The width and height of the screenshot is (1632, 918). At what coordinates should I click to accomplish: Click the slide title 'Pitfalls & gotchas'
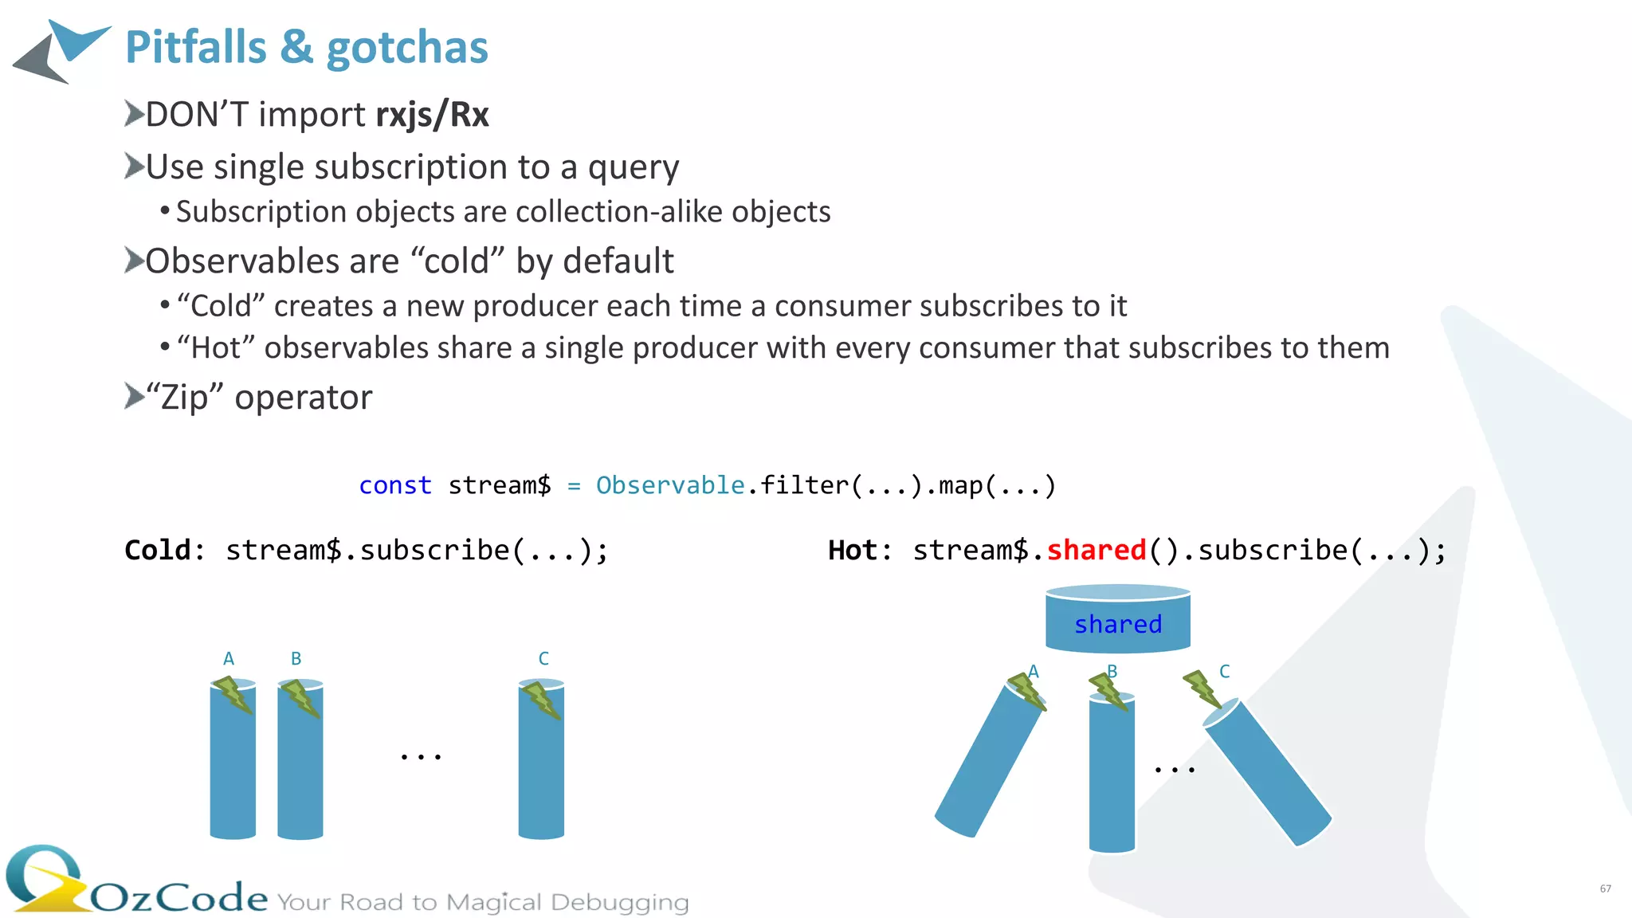pos(307,48)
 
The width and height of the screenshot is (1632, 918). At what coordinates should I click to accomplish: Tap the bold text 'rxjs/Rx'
pos(432,115)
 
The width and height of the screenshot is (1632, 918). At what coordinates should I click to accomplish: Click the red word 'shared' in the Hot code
pos(1096,551)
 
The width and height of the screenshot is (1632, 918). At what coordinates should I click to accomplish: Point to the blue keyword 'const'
pos(395,485)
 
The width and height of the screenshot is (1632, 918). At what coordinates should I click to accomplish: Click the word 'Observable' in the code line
pos(670,485)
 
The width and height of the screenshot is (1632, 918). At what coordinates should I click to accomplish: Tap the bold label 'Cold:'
pos(164,551)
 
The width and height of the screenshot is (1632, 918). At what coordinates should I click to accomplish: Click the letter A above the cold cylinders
pos(229,659)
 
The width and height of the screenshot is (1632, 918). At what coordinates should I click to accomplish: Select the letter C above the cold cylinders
pos(543,659)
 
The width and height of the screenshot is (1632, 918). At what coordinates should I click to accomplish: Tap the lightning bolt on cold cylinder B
pos(300,697)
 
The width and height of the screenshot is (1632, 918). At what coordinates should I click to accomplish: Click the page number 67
pos(1605,889)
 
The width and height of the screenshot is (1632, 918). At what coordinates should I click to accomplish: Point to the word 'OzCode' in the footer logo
pos(179,898)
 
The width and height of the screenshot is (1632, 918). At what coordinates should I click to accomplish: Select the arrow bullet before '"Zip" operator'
pos(134,396)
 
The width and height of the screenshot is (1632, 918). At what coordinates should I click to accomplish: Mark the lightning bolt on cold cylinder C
pos(541,700)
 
